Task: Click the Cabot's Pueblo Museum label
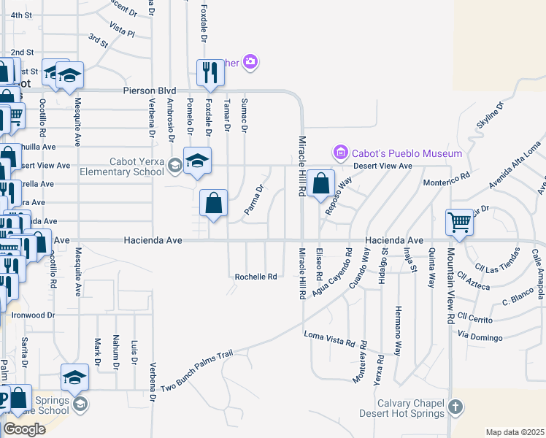(x=407, y=153)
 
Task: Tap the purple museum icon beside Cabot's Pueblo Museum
(x=340, y=153)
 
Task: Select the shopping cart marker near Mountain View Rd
(x=459, y=221)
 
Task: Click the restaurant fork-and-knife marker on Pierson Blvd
(x=210, y=72)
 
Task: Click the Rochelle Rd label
(x=255, y=277)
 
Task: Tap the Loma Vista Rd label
(x=329, y=338)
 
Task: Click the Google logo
(x=24, y=429)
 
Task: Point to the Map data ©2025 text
(x=515, y=432)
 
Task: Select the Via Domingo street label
(x=481, y=337)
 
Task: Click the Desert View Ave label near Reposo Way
(x=383, y=166)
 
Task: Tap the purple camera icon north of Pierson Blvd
(x=251, y=61)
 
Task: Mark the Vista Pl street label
(x=122, y=33)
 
